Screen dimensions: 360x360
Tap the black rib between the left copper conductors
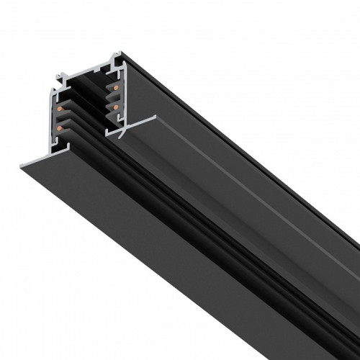[69, 120]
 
